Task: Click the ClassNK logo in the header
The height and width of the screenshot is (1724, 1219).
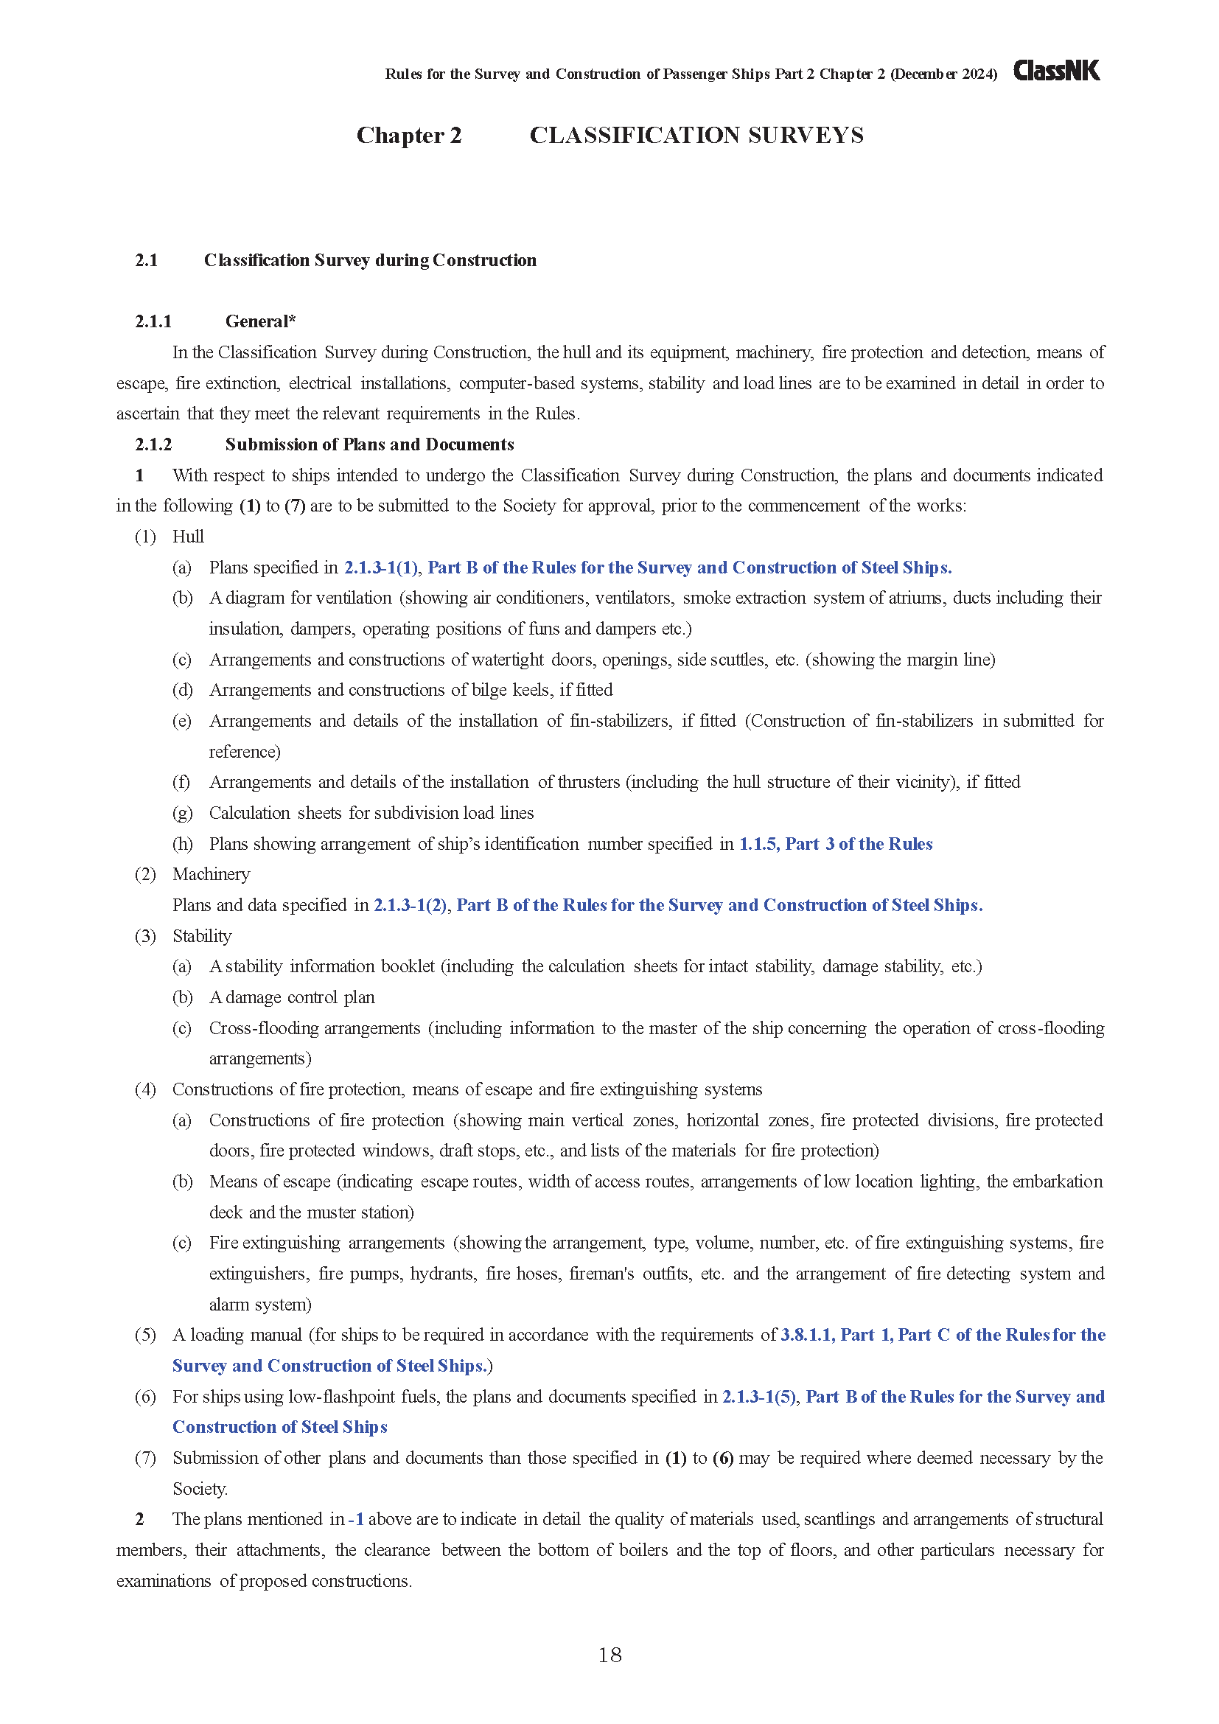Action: pos(1056,71)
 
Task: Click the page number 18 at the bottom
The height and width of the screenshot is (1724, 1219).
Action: pos(609,1655)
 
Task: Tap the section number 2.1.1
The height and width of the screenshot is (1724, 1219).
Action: pos(153,321)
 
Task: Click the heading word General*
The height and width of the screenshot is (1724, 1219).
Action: pos(260,321)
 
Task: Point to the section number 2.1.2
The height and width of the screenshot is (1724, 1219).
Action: pos(153,444)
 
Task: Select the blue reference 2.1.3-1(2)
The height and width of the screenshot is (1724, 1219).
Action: pos(411,906)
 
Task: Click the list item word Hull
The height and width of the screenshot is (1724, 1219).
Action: pos(188,537)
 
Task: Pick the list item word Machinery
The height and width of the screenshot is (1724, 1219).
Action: pos(211,875)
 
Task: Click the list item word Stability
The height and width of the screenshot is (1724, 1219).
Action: pos(202,936)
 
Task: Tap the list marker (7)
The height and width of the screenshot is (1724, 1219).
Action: pos(145,1458)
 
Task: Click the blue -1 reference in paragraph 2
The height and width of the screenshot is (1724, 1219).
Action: pos(357,1520)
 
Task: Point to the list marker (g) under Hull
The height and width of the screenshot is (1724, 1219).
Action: pos(181,813)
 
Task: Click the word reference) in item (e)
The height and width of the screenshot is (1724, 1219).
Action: pos(245,752)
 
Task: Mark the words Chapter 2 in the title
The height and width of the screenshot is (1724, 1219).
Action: pos(409,135)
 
